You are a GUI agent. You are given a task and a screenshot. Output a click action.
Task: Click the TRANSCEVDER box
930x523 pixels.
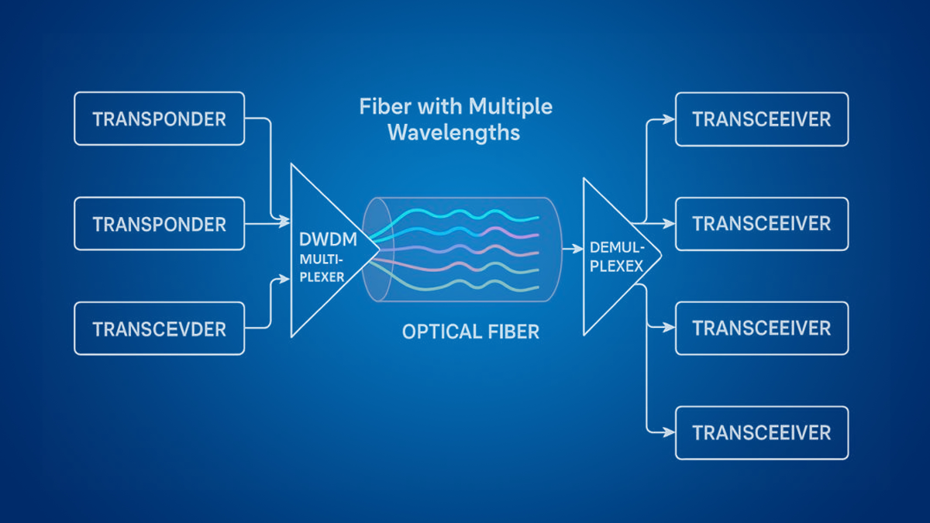click(x=159, y=329)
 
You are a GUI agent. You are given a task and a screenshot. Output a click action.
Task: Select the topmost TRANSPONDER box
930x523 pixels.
click(x=159, y=119)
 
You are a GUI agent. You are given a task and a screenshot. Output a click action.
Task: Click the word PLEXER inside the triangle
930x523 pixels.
click(x=320, y=275)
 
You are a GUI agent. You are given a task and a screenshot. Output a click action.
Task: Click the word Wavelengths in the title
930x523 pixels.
click(x=453, y=132)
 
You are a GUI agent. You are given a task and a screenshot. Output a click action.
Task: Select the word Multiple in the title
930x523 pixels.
click(x=509, y=106)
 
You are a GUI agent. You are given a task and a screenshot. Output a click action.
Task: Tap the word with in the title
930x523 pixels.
click(x=438, y=106)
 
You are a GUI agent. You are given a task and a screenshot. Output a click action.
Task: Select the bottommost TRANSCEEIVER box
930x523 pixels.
click(x=762, y=432)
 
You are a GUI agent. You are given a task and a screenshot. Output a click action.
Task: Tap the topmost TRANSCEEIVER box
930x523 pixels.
click(x=762, y=119)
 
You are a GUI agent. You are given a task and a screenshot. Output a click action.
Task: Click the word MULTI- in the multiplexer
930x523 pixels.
click(x=320, y=259)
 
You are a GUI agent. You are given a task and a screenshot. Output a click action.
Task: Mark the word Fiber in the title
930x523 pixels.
click(x=384, y=106)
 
